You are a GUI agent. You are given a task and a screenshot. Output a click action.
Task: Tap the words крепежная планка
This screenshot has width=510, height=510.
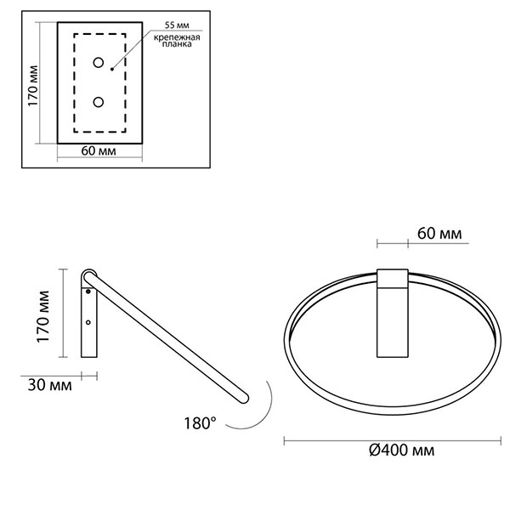click(172, 42)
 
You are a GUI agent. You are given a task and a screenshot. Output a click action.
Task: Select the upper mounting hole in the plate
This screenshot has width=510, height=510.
click(99, 62)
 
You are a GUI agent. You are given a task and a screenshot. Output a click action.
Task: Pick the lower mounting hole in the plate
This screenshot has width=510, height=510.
click(99, 102)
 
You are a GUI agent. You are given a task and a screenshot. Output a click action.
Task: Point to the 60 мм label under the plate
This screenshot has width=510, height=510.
click(98, 152)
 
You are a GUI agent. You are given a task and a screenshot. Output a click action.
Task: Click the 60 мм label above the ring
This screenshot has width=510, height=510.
click(439, 232)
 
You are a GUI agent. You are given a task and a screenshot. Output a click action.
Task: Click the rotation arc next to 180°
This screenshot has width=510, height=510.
click(263, 408)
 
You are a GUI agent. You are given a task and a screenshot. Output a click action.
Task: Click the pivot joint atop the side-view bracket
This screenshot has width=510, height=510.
click(88, 277)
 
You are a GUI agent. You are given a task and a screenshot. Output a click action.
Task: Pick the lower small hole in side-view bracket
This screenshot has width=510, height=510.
click(88, 323)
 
